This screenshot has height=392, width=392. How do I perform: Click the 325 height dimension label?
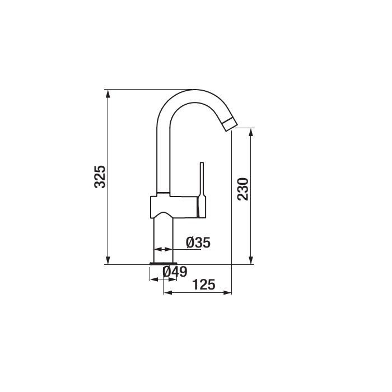(x=100, y=177)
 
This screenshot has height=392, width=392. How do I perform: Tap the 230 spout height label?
(x=243, y=189)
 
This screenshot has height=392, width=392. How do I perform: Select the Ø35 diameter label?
(x=198, y=242)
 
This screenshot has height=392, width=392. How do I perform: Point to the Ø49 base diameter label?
(x=175, y=272)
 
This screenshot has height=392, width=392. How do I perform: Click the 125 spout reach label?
(x=204, y=284)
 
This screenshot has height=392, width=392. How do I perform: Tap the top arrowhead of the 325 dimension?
(x=108, y=94)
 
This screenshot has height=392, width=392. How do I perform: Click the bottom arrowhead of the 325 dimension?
(x=108, y=260)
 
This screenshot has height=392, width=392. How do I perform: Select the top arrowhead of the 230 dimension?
(x=251, y=132)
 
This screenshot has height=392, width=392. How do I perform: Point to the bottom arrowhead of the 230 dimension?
(x=251, y=260)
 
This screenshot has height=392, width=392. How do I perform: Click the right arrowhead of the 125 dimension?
(x=227, y=292)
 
